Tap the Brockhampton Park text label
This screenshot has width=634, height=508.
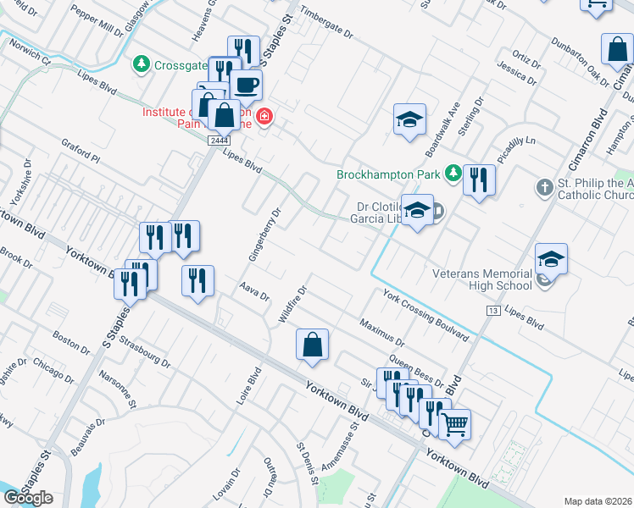[389, 174]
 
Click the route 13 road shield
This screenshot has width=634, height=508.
[492, 312]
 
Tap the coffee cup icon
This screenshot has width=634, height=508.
[246, 86]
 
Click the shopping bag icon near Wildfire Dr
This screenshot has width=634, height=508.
[312, 345]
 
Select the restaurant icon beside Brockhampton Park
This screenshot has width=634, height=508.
[479, 179]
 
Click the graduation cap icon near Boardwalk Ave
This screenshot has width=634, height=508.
[409, 119]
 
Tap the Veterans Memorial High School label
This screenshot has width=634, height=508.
[481, 279]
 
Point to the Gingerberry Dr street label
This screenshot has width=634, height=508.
[265, 232]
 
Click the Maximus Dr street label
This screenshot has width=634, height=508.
[382, 334]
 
